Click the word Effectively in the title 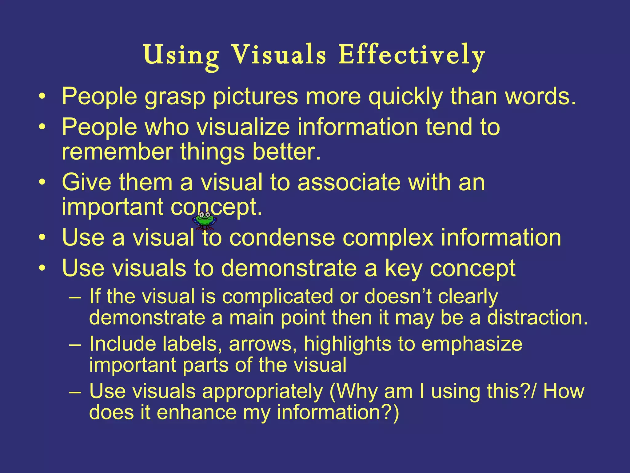(412, 56)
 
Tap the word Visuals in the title (278, 56)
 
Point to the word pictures (255, 97)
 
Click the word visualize (243, 127)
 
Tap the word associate (349, 182)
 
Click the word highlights (348, 344)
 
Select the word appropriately (262, 392)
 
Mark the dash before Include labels (75, 344)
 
